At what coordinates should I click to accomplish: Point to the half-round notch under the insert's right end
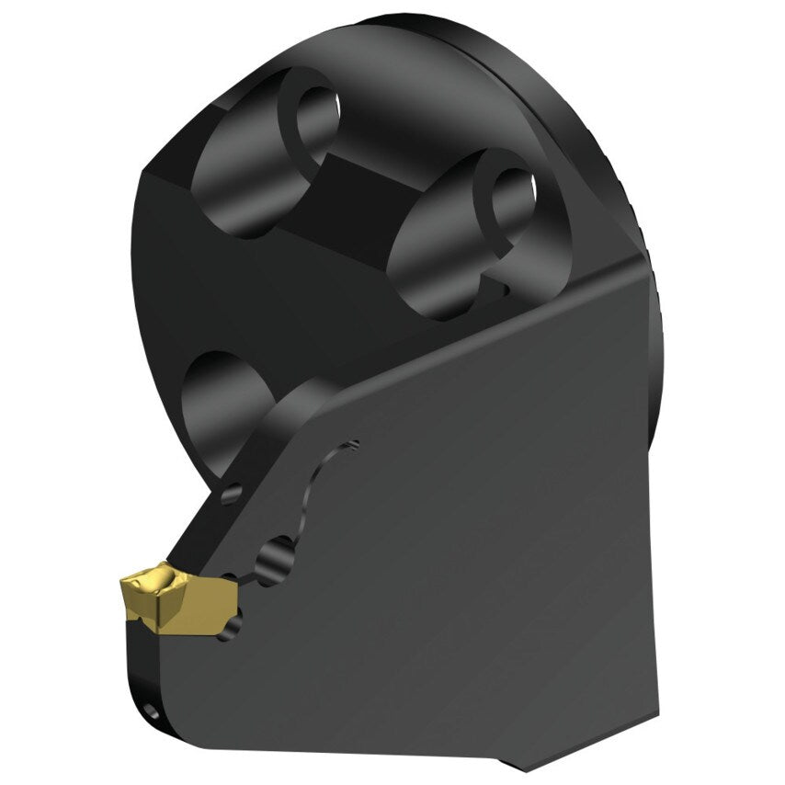(x=234, y=625)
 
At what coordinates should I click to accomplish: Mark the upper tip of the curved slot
(x=354, y=445)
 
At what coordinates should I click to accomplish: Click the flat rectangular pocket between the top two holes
(x=368, y=198)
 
